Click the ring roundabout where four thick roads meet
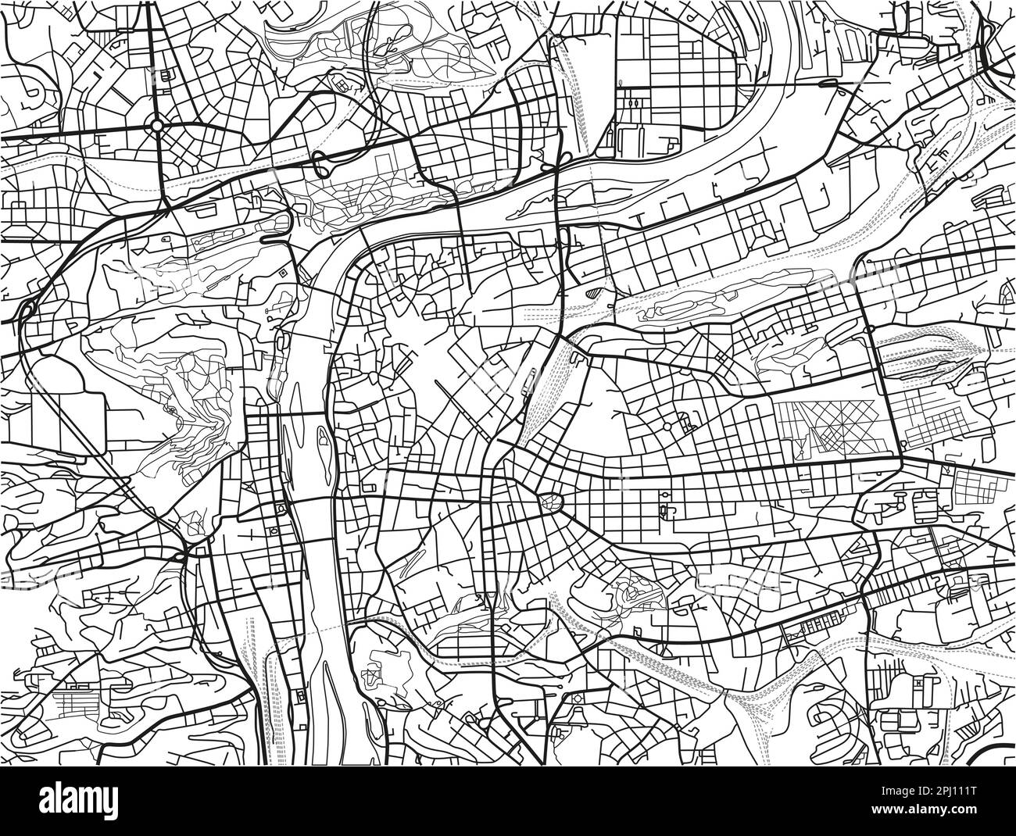(x=157, y=124)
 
